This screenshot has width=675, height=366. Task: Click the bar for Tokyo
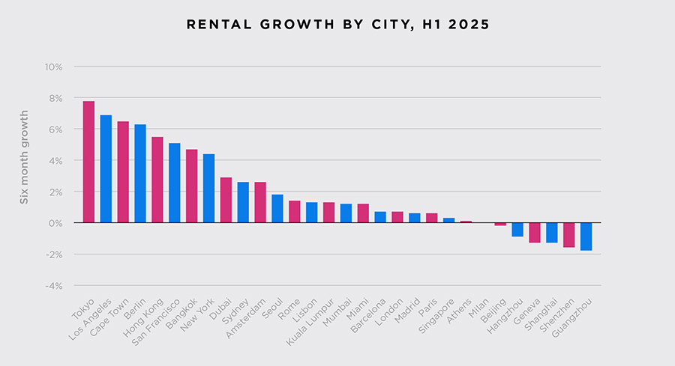pyautogui.click(x=88, y=162)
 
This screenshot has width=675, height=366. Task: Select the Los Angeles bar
pyautogui.click(x=106, y=169)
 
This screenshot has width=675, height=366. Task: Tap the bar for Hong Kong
pyautogui.click(x=157, y=180)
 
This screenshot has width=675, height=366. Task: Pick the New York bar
pyautogui.click(x=209, y=189)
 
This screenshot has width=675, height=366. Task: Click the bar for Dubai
pyautogui.click(x=226, y=200)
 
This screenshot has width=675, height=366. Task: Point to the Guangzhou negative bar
pyautogui.click(x=586, y=237)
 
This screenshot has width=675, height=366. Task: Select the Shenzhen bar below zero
pyautogui.click(x=569, y=235)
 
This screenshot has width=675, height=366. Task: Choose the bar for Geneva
pyautogui.click(x=535, y=233)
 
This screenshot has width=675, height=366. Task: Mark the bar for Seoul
pyautogui.click(x=277, y=209)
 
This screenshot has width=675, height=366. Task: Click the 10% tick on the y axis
pyautogui.click(x=52, y=67)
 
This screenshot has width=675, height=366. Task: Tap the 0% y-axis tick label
pyautogui.click(x=55, y=223)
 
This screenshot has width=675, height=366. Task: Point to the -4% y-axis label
pyautogui.click(x=52, y=285)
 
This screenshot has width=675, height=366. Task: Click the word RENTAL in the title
pyautogui.click(x=212, y=25)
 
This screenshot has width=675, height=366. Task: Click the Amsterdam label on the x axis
pyautogui.click(x=246, y=320)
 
